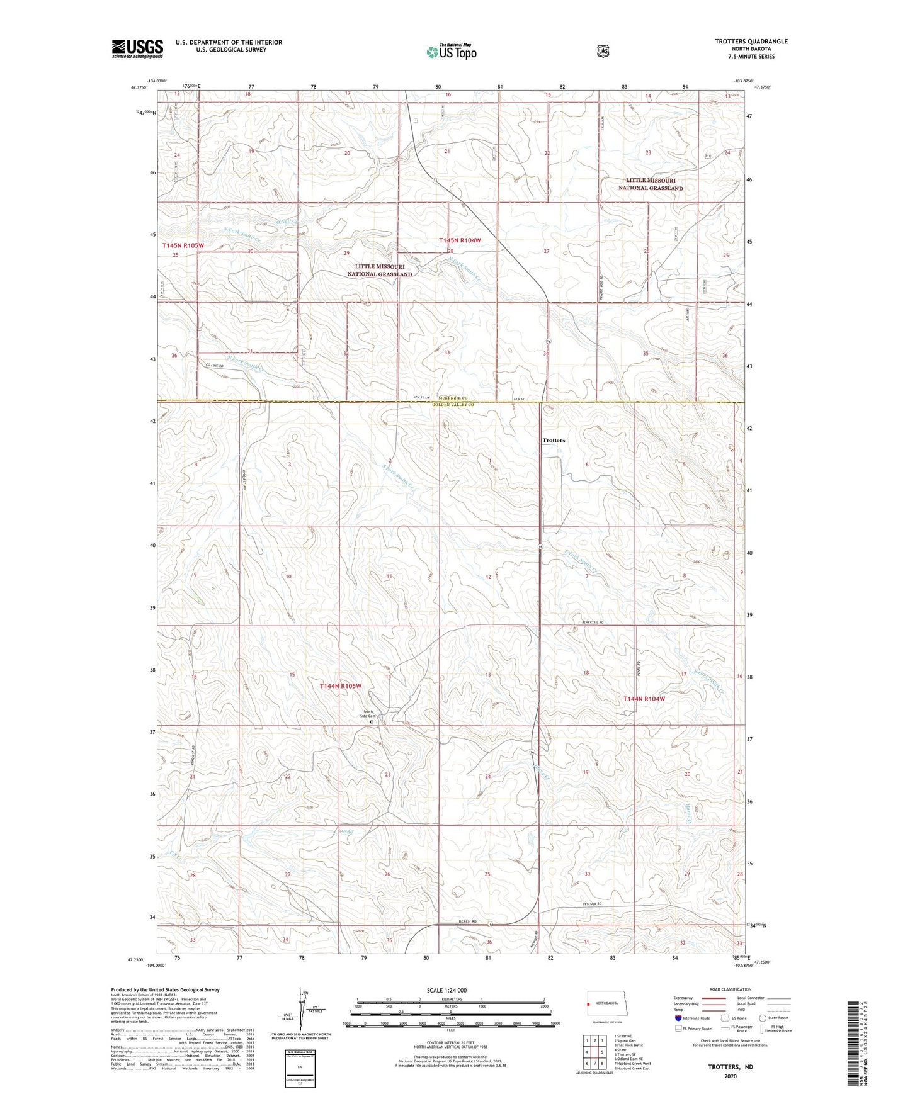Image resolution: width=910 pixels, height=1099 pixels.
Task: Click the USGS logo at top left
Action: pos(137,48)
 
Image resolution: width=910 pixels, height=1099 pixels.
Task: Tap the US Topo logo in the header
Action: pos(451,52)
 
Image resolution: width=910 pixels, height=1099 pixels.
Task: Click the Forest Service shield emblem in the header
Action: pos(603,50)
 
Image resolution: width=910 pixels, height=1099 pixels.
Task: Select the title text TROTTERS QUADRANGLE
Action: pos(751,42)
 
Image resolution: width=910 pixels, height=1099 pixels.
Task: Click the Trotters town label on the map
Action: pos(554,441)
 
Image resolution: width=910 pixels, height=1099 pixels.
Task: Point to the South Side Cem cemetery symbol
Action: pos(372,722)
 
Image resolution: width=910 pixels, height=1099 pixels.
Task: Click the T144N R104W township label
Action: pos(644,699)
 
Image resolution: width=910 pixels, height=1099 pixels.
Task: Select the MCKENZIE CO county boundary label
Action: pos(453,398)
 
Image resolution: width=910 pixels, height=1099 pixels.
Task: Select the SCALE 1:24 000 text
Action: pos(446,990)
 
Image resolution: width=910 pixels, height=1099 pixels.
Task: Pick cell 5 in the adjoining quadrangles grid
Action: pos(603,1052)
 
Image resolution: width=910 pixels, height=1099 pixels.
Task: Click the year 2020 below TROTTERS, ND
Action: pos(730,1076)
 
